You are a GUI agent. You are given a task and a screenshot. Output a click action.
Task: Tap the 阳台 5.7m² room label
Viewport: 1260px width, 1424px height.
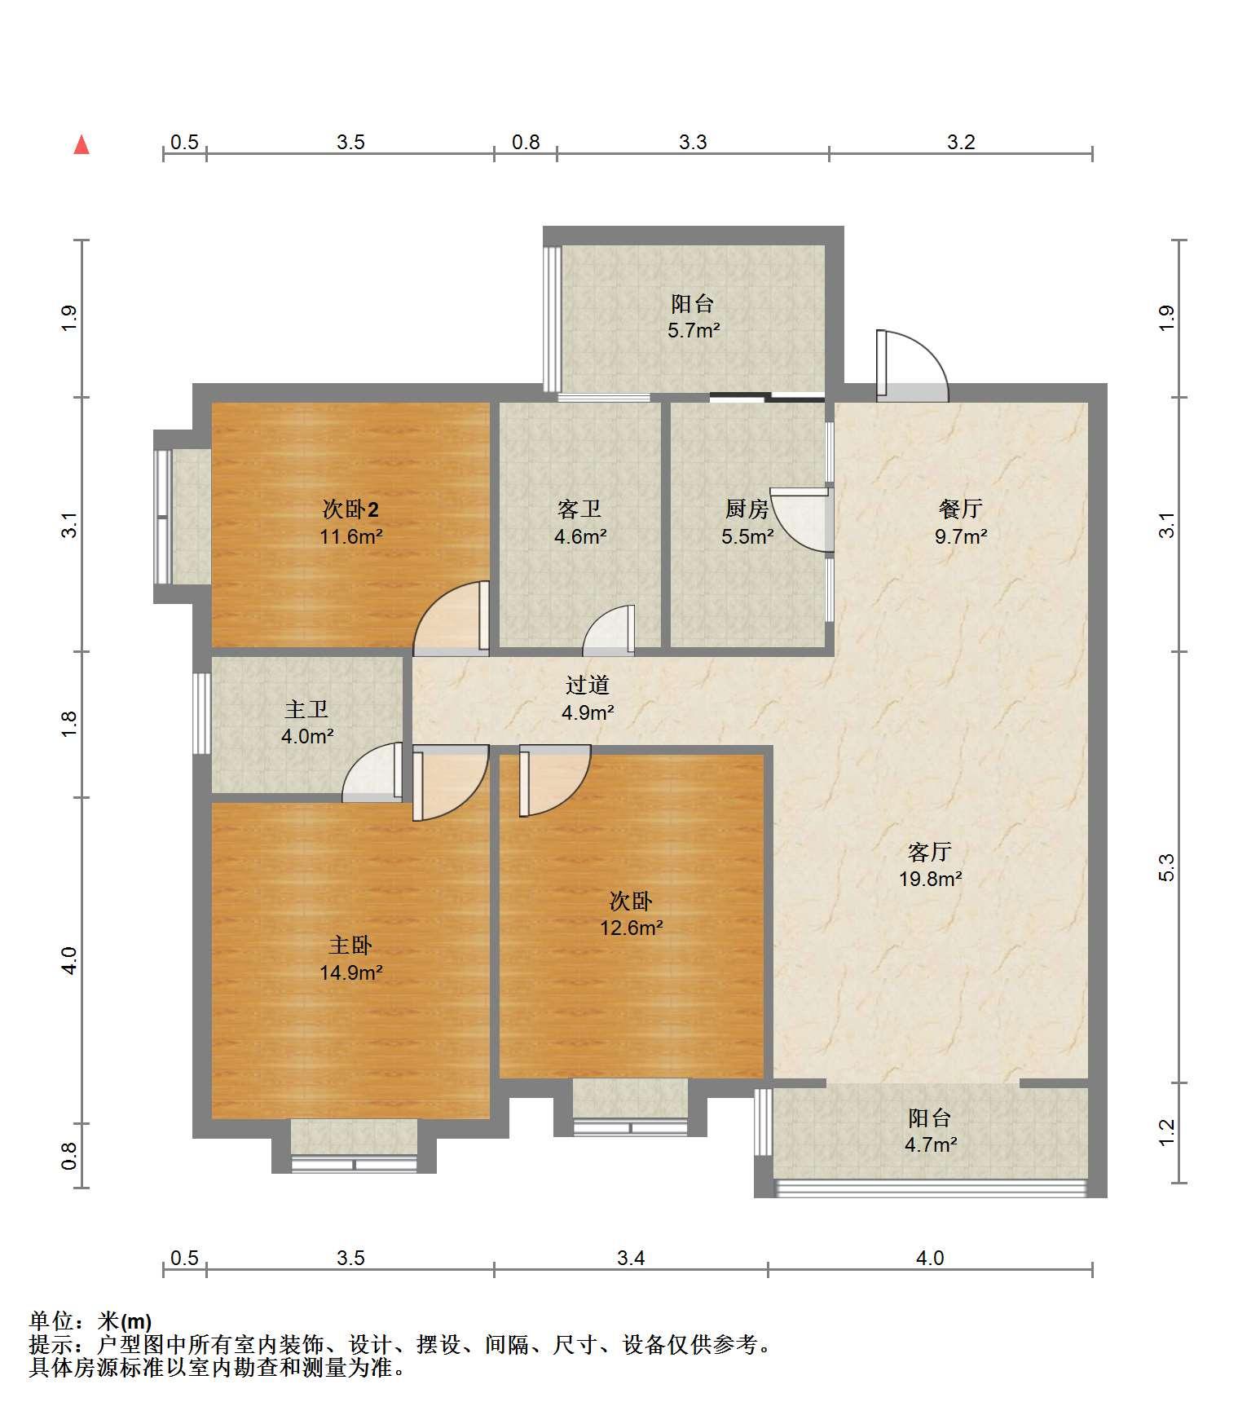click(693, 317)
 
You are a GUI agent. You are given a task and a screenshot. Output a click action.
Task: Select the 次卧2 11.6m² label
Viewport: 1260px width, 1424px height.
click(351, 522)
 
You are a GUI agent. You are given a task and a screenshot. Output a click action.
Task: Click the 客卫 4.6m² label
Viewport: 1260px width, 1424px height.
click(580, 522)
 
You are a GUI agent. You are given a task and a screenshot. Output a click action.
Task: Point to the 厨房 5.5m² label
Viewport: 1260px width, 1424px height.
click(747, 522)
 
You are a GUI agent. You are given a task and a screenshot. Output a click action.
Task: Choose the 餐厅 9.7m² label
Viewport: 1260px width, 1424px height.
click(961, 522)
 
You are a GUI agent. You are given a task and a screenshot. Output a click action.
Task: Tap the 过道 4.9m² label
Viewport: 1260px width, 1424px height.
click(588, 699)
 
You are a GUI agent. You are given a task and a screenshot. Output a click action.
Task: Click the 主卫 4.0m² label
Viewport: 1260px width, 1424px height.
click(307, 723)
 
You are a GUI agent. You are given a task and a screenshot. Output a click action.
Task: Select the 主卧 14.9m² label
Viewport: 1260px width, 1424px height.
click(351, 959)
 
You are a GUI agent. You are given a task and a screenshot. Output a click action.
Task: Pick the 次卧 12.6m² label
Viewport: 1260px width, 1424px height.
click(631, 914)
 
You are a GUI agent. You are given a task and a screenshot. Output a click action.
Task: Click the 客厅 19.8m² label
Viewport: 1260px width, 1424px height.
click(930, 866)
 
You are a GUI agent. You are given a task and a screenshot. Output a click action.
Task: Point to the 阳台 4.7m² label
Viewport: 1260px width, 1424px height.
click(930, 1131)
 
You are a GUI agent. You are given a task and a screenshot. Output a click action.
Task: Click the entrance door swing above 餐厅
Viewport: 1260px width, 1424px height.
click(913, 366)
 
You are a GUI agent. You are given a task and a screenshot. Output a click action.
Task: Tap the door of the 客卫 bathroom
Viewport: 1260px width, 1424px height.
click(609, 630)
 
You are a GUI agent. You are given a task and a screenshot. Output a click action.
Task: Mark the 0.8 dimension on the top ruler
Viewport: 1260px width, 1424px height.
click(526, 143)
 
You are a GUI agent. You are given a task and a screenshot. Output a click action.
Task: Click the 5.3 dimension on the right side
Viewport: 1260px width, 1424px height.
click(1166, 866)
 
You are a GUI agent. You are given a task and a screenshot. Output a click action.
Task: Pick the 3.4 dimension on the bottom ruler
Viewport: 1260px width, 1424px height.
click(631, 1258)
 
